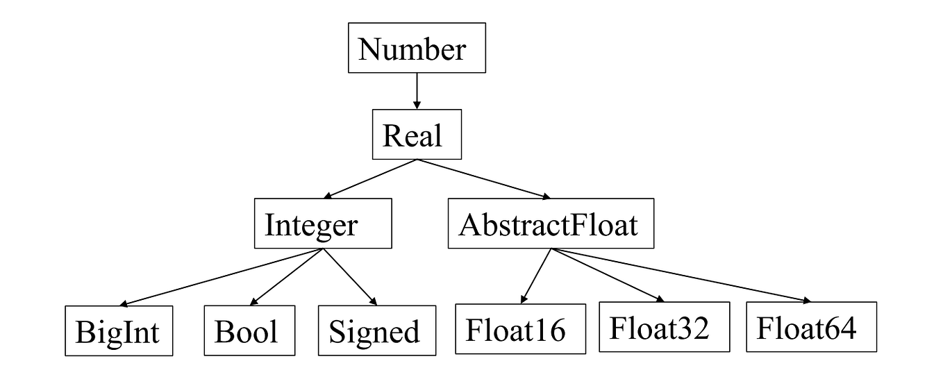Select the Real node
(415, 135)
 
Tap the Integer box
(322, 224)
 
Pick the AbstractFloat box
(551, 224)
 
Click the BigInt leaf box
(119, 330)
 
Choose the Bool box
(249, 330)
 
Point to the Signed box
(376, 330)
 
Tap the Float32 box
(664, 327)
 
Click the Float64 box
(811, 327)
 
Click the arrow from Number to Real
(416, 90)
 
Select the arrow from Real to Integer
(369, 179)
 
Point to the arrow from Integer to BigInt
(222, 277)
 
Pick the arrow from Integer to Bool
(285, 277)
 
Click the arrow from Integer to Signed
(349, 277)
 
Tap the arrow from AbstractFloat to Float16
(535, 276)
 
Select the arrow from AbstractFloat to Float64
(681, 275)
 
